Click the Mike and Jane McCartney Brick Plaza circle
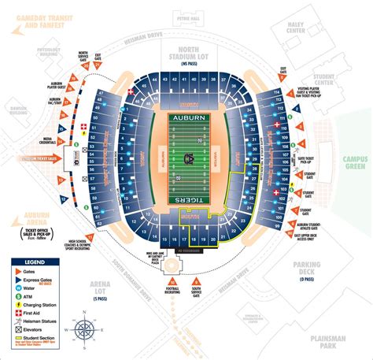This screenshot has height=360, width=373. (x=171, y=265)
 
